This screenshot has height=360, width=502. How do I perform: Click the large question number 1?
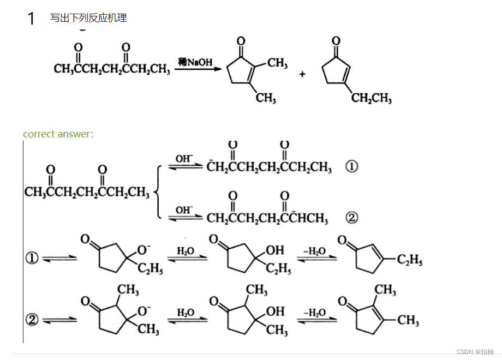[31, 19]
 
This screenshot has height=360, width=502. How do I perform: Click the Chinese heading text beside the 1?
[88, 18]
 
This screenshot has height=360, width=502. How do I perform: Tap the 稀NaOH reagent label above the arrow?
[195, 62]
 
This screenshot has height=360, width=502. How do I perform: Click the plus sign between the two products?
[302, 74]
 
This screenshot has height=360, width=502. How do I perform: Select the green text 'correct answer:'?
[58, 134]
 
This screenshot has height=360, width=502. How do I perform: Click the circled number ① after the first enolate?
[352, 167]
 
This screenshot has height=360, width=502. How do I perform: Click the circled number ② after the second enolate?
[352, 218]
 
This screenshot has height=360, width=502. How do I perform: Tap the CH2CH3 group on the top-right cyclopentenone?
[371, 98]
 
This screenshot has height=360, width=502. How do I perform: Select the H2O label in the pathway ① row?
[186, 251]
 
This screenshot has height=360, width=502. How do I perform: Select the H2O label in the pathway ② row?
[186, 313]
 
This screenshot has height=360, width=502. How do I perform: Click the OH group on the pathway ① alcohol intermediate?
[275, 250]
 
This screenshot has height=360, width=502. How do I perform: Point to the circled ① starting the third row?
[32, 259]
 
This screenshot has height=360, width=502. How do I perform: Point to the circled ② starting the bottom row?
[32, 320]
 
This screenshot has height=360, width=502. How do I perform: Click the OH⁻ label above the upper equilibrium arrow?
[184, 159]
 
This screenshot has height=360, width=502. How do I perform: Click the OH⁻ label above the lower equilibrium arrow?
[184, 209]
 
